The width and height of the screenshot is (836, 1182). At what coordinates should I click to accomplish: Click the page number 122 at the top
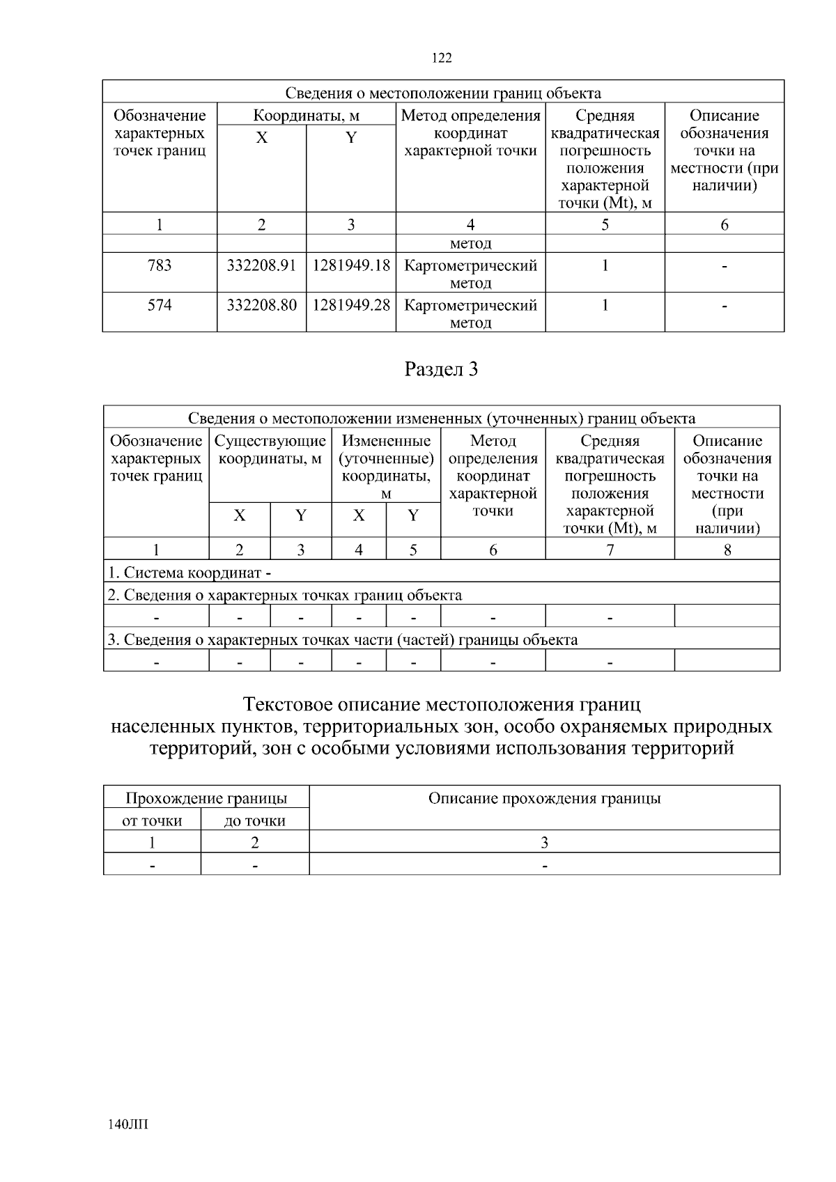(x=442, y=58)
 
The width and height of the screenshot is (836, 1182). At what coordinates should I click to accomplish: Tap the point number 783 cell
(x=160, y=265)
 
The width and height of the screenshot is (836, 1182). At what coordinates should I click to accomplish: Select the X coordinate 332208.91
(x=261, y=265)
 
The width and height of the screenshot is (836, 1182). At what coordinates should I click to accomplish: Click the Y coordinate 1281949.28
(x=351, y=305)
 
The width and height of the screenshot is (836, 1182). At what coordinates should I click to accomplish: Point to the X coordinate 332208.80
(x=261, y=305)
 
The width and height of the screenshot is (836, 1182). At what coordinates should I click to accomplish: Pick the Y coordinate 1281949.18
(x=351, y=265)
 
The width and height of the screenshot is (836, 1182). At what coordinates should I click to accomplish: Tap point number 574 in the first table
(x=160, y=305)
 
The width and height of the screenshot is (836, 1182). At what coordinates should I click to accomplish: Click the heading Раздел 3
(x=442, y=369)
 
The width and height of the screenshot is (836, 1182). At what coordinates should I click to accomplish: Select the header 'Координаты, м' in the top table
(x=306, y=115)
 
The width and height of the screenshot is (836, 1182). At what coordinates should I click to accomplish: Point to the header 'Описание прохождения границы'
(x=544, y=798)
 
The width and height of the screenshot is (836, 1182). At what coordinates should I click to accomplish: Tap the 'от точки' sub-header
(x=152, y=821)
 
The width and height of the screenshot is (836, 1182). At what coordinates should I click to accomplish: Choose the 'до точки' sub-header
(x=255, y=821)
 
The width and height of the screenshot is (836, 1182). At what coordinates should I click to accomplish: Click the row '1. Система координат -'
(x=189, y=573)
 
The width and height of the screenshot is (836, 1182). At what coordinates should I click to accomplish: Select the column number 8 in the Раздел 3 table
(x=727, y=550)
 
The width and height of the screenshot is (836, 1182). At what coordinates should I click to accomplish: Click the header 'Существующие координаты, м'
(x=270, y=450)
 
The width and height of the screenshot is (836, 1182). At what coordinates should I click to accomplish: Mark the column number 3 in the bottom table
(x=544, y=842)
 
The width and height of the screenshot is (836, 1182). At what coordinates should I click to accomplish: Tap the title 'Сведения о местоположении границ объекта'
(x=443, y=93)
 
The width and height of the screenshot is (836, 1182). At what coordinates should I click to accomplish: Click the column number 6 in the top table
(x=725, y=224)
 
